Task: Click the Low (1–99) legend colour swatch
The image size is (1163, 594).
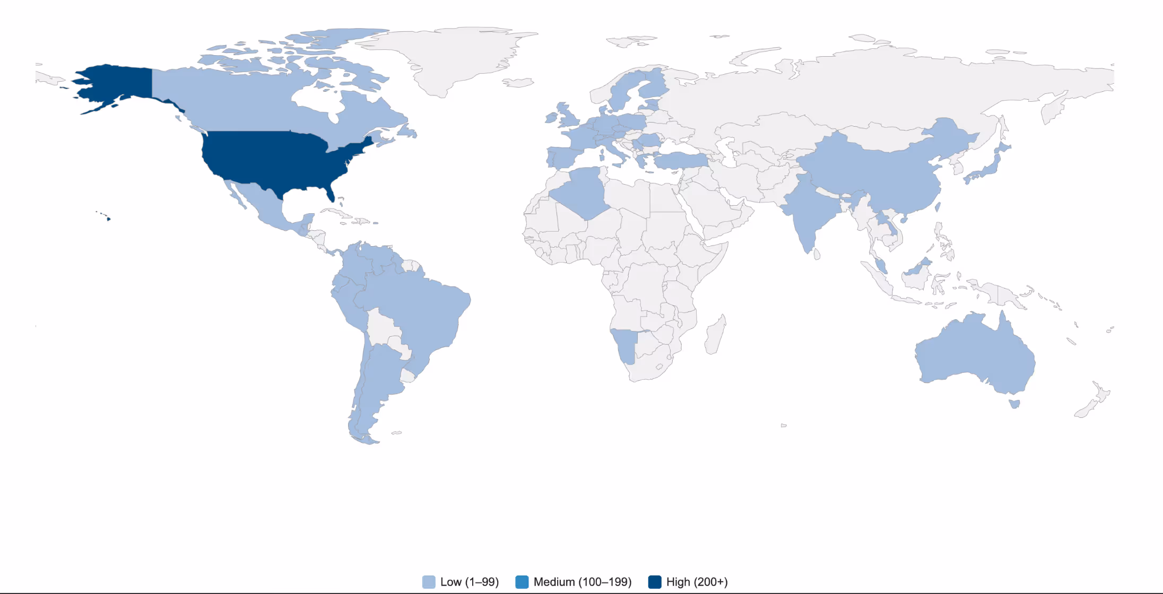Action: (x=429, y=582)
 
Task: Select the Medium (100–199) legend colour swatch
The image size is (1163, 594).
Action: (x=522, y=582)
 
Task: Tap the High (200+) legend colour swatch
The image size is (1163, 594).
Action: (x=655, y=582)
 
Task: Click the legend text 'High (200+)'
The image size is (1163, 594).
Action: (x=697, y=582)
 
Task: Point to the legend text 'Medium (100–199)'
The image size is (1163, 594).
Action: (x=583, y=582)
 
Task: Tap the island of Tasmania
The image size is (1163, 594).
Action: (x=1014, y=404)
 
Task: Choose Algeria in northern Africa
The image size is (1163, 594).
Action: (x=584, y=191)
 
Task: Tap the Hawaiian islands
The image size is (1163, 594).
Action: (x=108, y=219)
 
